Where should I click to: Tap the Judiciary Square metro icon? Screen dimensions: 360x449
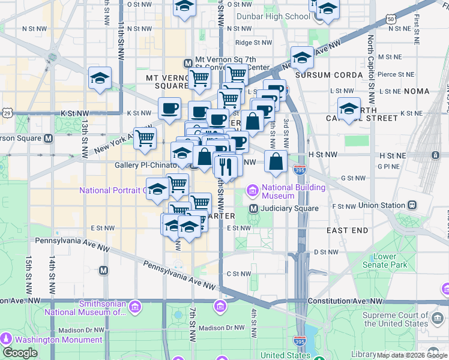point(254,208)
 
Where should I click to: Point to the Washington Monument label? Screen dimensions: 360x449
point(47,340)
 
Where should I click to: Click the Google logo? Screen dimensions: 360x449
point(19,353)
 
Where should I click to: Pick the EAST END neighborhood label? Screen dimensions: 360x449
point(347,230)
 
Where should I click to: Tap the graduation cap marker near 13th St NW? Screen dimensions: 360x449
point(100,78)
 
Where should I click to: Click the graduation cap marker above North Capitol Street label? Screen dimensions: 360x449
point(349,109)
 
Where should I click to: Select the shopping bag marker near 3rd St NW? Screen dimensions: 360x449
point(276,161)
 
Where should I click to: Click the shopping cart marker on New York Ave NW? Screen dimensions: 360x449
point(145,138)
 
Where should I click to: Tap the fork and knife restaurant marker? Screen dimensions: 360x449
point(225,164)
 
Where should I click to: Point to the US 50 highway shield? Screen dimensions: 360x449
point(391,19)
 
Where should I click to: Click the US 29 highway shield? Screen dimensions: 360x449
point(7,112)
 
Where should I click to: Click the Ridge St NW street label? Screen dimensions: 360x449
point(253,43)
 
